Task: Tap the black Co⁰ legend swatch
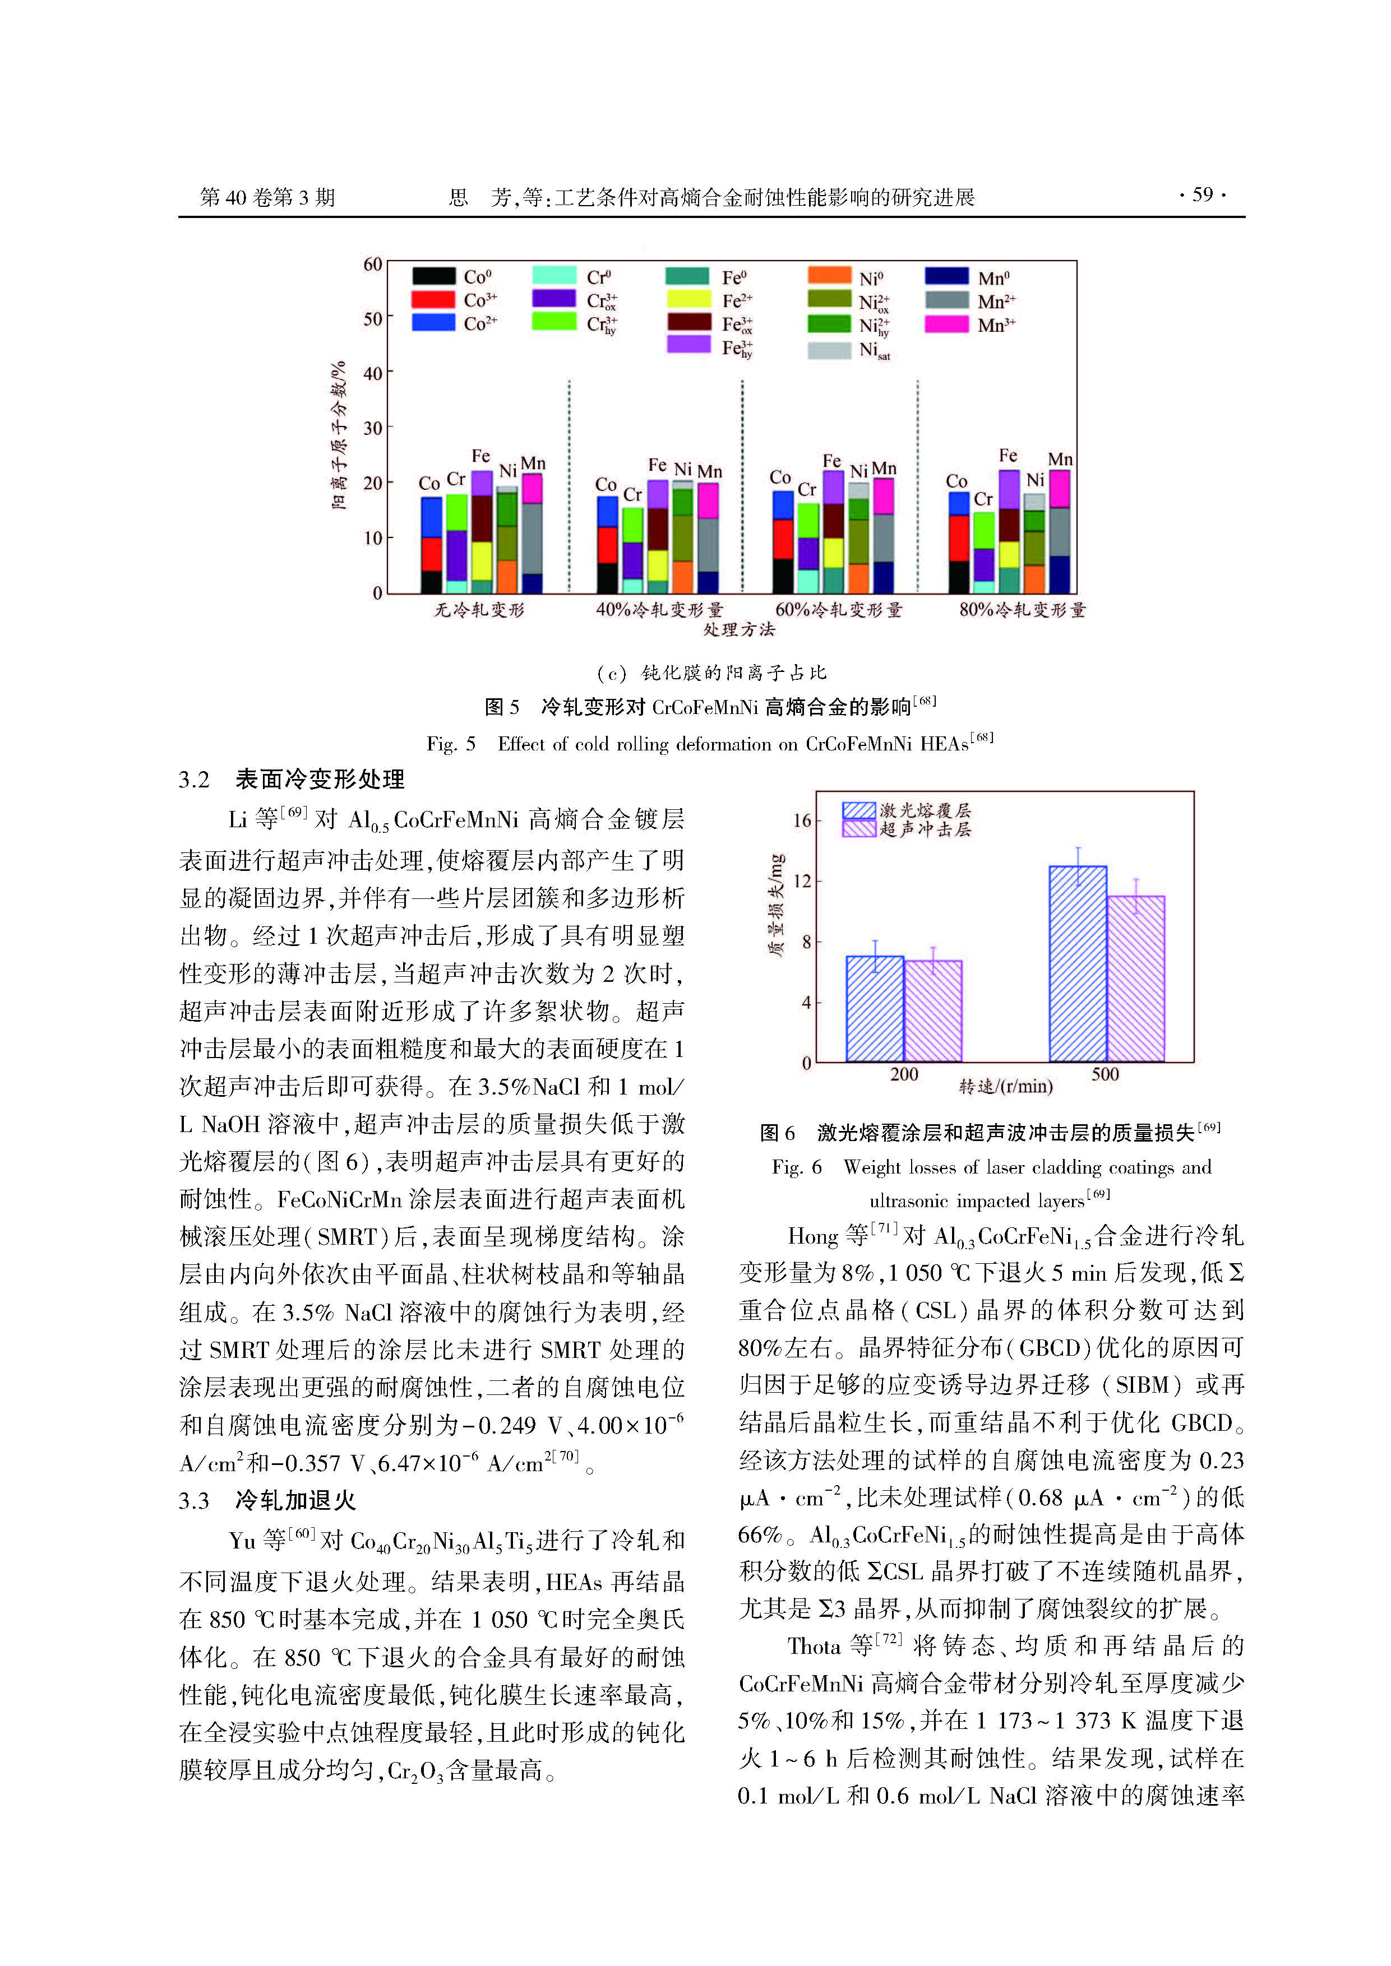433,276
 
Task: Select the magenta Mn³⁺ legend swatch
946,324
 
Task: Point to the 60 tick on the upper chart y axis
373,265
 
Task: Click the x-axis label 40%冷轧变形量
659,610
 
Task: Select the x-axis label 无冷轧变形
479,610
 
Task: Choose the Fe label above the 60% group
831,461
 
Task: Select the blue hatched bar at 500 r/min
1078,964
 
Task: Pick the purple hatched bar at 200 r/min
934,1010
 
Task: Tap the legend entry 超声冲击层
925,829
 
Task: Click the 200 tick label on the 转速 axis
904,1074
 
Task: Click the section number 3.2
195,779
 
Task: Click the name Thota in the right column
813,1647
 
